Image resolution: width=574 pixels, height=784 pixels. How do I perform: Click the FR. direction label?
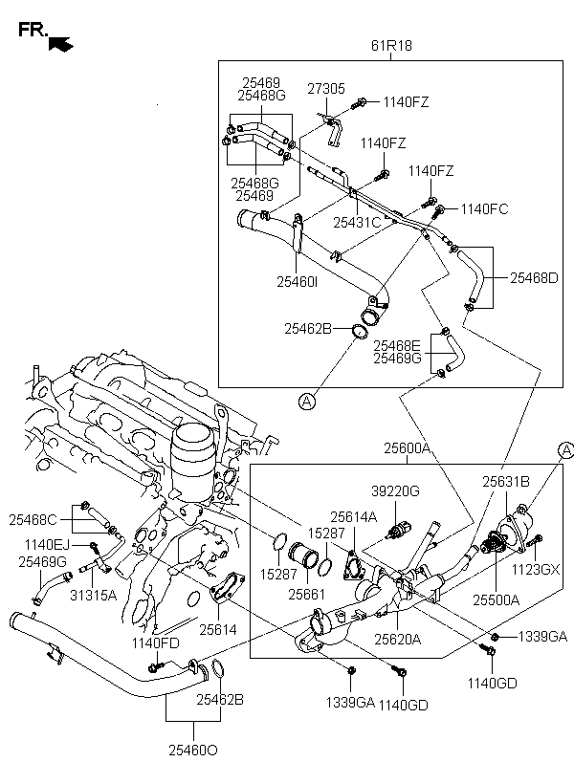[33, 30]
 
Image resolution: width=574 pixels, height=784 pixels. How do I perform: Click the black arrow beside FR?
[61, 44]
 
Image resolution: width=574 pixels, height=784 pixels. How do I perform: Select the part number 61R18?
[391, 46]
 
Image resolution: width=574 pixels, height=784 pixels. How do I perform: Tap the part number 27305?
[326, 89]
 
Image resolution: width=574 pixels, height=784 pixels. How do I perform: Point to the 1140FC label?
[484, 209]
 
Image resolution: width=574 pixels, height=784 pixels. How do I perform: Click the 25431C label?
[357, 223]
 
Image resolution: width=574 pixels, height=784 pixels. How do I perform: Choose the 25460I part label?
[298, 282]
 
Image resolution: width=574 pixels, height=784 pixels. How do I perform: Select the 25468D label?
[534, 278]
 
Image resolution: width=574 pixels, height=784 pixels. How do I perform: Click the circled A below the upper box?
[307, 401]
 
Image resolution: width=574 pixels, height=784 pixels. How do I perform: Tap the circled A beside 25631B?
[566, 450]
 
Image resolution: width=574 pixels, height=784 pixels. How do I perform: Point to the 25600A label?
[407, 448]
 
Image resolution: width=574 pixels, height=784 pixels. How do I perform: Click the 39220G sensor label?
[395, 491]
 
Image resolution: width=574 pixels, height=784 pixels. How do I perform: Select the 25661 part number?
[307, 594]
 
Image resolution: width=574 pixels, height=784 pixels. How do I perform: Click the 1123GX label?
[536, 570]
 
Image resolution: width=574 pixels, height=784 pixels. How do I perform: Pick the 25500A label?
[497, 599]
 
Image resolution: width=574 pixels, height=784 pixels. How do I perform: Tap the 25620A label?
[398, 639]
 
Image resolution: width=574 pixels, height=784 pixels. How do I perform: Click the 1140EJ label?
[48, 544]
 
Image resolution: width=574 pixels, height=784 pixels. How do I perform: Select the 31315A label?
[93, 595]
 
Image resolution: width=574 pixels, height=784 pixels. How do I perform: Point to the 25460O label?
[193, 750]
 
